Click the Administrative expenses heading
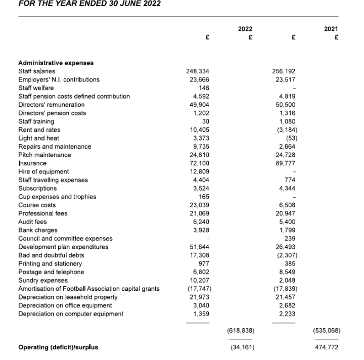coord(56,63)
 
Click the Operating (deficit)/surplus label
coord(57,347)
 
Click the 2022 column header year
coord(245,30)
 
